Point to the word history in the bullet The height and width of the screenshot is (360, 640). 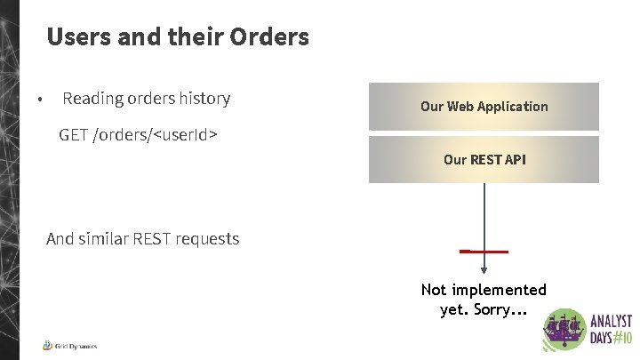203,99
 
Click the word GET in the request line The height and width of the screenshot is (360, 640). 73,135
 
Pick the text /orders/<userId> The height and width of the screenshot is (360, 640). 156,135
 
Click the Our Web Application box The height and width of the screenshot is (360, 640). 484,107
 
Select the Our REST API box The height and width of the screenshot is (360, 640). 484,160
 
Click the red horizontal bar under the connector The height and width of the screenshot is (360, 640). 484,252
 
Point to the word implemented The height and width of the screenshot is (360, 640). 499,291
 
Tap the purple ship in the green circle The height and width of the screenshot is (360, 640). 563,329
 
